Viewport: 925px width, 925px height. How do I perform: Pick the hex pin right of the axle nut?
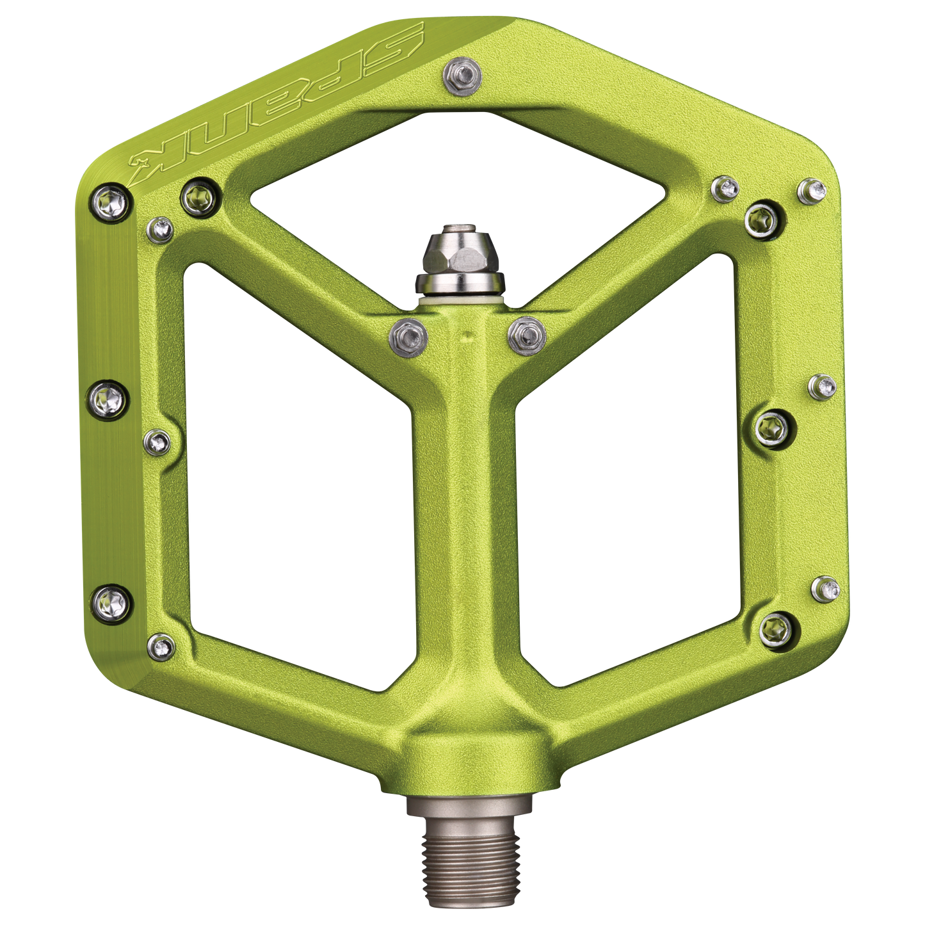click(x=526, y=334)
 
